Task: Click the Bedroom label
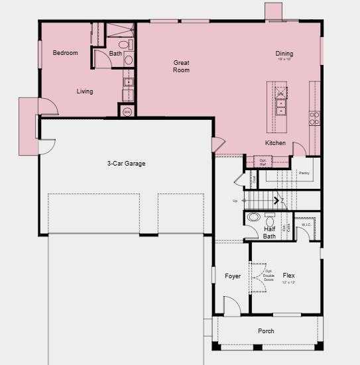[65, 53]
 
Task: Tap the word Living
[84, 91]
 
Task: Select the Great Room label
[181, 66]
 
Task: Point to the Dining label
[284, 54]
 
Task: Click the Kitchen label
[275, 143]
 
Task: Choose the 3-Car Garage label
[126, 164]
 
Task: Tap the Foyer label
[232, 276]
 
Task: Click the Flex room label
[288, 276]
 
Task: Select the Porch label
[266, 331]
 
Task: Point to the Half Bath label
[269, 233]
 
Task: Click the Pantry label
[304, 173]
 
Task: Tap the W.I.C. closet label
[306, 225]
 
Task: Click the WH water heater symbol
[127, 112]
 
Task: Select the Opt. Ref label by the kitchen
[263, 161]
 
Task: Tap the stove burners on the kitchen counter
[314, 118]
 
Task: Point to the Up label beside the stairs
[234, 201]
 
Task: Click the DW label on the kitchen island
[280, 94]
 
